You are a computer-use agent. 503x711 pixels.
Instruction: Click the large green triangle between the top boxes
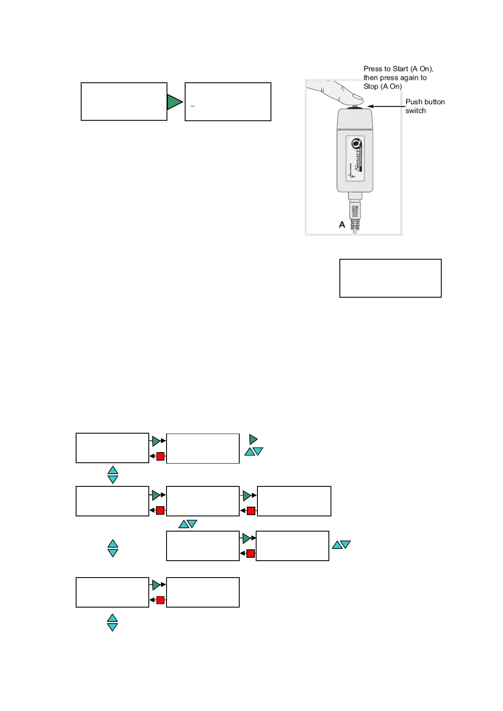click(174, 102)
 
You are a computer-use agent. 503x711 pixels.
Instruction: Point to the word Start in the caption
click(400, 69)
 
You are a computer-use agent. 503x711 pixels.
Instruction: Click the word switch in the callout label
click(416, 111)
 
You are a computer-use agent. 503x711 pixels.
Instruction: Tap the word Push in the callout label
click(413, 102)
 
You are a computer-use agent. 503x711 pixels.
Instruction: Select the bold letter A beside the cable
click(342, 225)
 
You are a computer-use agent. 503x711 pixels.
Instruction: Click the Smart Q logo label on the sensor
click(355, 158)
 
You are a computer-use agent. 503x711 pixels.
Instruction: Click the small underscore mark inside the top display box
click(193, 106)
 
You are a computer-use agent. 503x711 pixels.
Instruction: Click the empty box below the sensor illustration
click(390, 278)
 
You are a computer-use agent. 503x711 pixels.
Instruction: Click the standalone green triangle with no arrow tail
click(253, 440)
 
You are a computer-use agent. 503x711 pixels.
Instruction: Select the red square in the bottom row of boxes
click(160, 600)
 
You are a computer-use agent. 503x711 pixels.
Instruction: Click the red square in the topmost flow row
click(160, 456)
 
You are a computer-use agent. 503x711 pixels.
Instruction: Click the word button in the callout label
click(435, 102)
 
